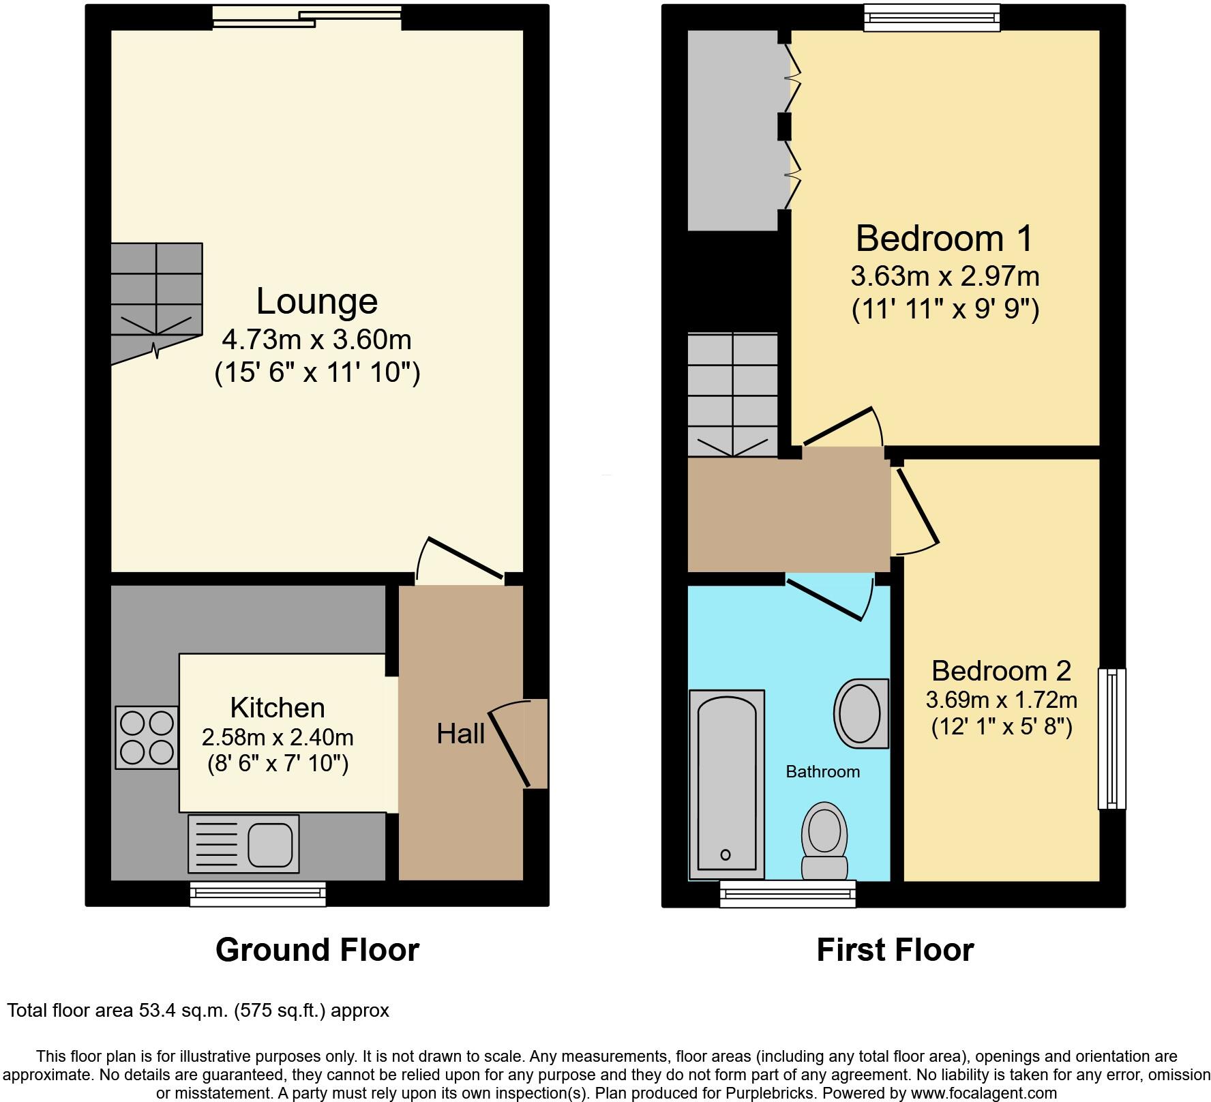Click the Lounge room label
click(316, 301)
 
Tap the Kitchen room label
click(277, 708)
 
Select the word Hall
click(460, 734)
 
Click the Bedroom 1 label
click(944, 239)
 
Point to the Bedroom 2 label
click(1001, 671)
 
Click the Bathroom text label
click(822, 771)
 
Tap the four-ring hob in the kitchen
click(147, 737)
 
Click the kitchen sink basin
click(270, 844)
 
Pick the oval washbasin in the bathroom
click(861, 713)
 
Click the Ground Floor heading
click(317, 949)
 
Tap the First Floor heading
click(895, 949)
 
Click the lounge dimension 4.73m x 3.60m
click(316, 339)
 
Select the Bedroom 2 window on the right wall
click(1111, 738)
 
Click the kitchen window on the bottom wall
click(258, 893)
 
